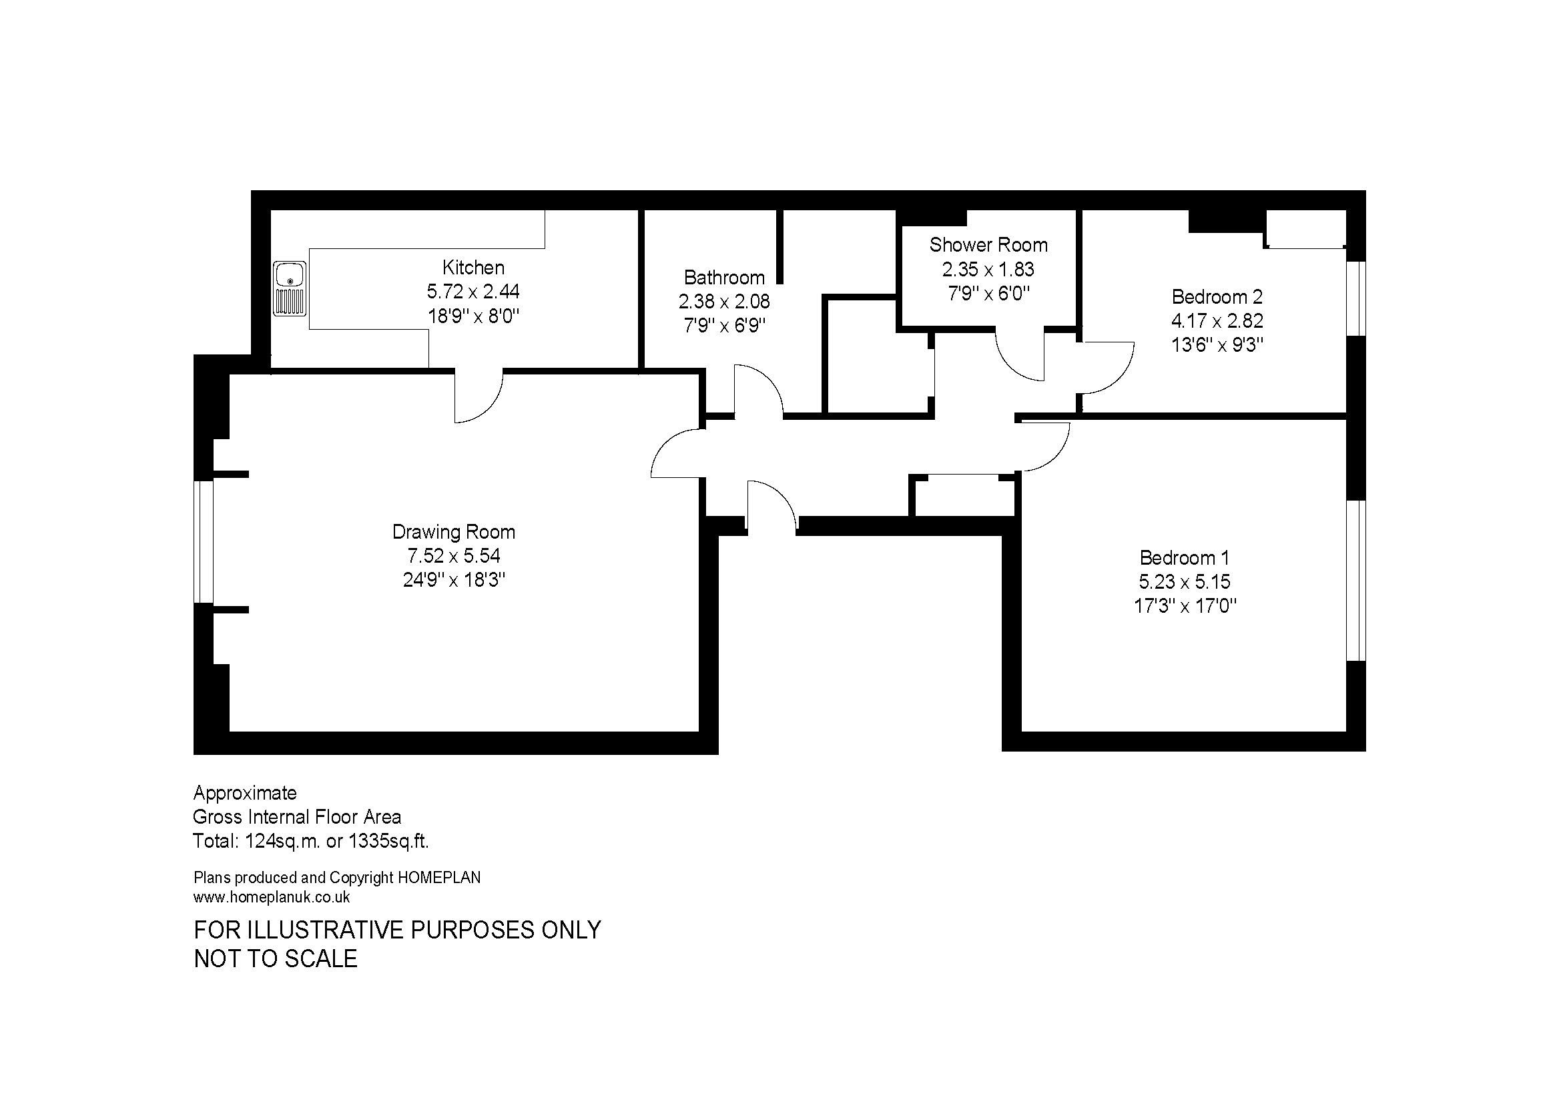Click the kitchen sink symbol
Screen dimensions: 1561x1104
[x=290, y=289]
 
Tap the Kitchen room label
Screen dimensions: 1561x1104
[x=473, y=267]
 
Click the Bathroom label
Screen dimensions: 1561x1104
[x=724, y=278]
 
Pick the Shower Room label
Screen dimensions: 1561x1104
[x=988, y=245]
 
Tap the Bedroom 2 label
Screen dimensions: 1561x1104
[x=1217, y=296]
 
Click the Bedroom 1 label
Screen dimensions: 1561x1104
[x=1185, y=558]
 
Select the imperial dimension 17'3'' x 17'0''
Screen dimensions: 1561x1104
[x=1185, y=605]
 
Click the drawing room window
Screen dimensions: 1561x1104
[x=204, y=542]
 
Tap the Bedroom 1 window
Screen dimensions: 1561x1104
[x=1356, y=581]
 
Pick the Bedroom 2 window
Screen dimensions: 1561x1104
[x=1356, y=298]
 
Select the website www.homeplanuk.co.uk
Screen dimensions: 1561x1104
[x=272, y=897]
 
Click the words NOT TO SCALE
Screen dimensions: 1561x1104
[x=276, y=958]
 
